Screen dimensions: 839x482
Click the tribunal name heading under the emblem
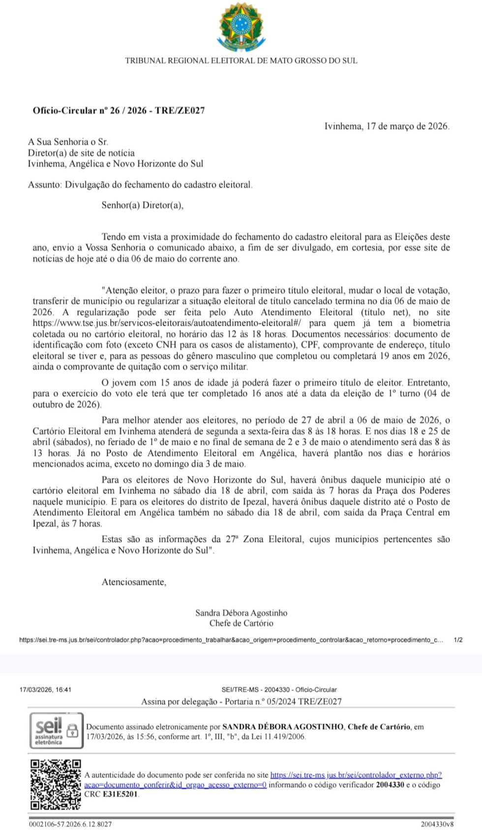click(x=241, y=61)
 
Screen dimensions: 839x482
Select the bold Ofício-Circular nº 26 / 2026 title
click(x=119, y=111)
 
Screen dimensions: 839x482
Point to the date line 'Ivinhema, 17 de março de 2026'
click(x=387, y=126)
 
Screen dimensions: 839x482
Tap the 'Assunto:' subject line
click(x=140, y=185)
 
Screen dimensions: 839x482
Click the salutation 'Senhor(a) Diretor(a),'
click(x=142, y=205)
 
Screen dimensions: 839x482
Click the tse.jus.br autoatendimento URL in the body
click(x=167, y=323)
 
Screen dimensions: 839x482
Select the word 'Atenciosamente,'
click(x=134, y=582)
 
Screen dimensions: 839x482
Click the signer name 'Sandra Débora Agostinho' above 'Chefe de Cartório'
click(x=241, y=613)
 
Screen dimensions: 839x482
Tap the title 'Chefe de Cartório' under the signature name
click(x=241, y=623)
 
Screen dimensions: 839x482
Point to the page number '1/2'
click(x=458, y=640)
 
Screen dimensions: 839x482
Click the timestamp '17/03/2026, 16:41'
click(x=45, y=690)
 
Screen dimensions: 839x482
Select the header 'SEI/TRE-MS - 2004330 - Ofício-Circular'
click(x=279, y=690)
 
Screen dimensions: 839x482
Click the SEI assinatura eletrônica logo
click(x=56, y=730)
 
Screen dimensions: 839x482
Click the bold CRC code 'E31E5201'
click(x=120, y=794)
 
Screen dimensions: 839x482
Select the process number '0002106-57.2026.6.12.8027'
click(x=70, y=824)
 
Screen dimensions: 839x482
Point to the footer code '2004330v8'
click(x=437, y=824)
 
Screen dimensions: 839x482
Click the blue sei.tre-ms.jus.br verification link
click(x=356, y=775)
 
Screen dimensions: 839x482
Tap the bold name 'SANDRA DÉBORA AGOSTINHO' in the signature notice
click(x=283, y=727)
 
